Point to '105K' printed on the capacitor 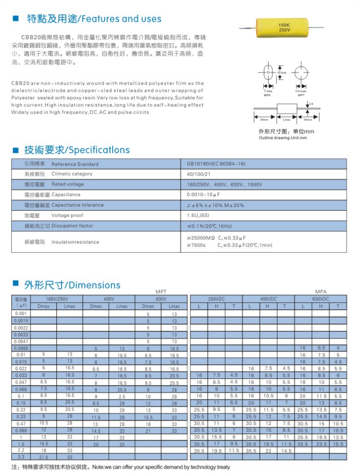point(285,24)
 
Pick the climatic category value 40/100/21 point(197,174)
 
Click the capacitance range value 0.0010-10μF point(203,195)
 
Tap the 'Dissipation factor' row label point(72,226)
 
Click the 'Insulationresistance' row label point(75,242)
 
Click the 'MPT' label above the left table point(161,291)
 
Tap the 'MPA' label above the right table point(320,291)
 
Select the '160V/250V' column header point(57,299)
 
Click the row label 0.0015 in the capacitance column point(21,321)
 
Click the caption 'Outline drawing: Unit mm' point(283,138)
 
